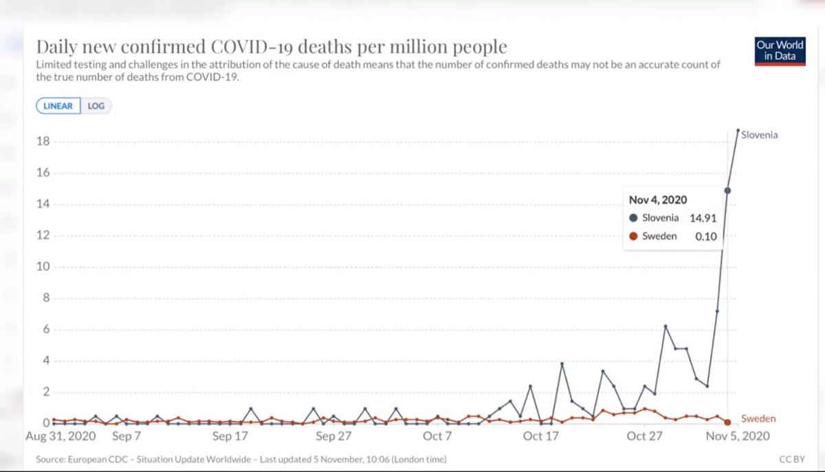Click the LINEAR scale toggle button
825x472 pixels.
58,106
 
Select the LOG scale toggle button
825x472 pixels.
96,106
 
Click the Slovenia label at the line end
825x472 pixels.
760,135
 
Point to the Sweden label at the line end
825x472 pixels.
758,418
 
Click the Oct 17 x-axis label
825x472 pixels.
542,436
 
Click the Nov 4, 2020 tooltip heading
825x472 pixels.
659,200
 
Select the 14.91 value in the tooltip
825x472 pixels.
704,218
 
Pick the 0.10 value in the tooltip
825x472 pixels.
706,236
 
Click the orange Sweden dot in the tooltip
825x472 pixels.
634,236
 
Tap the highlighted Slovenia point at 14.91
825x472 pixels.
727,191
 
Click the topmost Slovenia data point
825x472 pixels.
738,130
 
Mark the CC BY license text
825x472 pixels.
788,459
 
